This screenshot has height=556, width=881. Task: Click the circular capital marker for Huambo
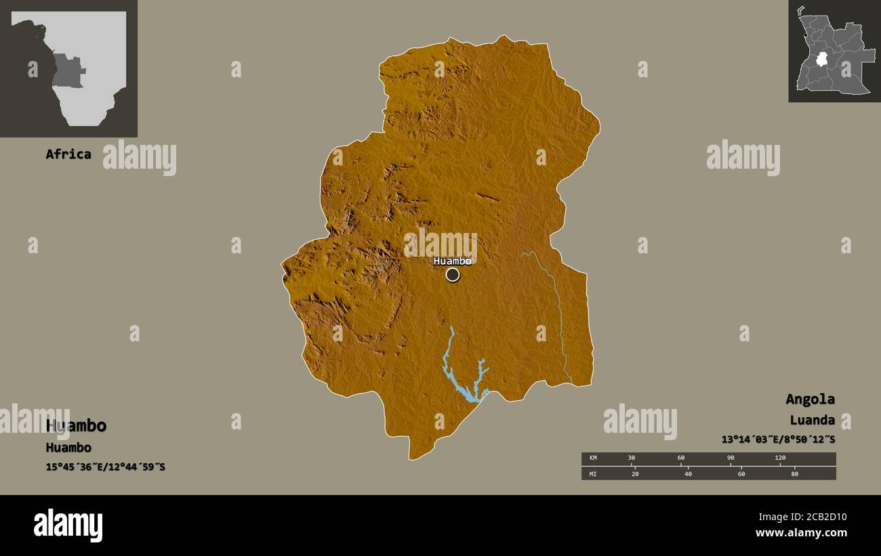pyautogui.click(x=453, y=274)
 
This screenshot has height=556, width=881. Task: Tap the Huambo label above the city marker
pyautogui.click(x=452, y=261)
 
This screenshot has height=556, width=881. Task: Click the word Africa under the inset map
pyautogui.click(x=68, y=154)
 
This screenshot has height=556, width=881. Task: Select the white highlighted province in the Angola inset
pyautogui.click(x=821, y=60)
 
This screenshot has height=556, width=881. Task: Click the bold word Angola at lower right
pyautogui.click(x=810, y=399)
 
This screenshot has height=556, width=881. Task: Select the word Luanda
pyautogui.click(x=812, y=420)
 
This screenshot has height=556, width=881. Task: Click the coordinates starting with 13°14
pyautogui.click(x=778, y=440)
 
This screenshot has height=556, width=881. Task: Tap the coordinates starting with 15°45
pyautogui.click(x=105, y=467)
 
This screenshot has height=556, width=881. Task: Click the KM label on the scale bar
pyautogui.click(x=593, y=458)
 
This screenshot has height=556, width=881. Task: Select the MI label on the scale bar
pyautogui.click(x=593, y=474)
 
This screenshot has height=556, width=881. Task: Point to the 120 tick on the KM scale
pyautogui.click(x=780, y=458)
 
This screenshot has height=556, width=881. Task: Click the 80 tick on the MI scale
pyautogui.click(x=794, y=474)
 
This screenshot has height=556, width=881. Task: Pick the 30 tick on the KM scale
pyautogui.click(x=631, y=458)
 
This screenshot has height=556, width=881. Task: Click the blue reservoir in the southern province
pyautogui.click(x=462, y=389)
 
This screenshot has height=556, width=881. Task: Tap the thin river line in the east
pyautogui.click(x=559, y=312)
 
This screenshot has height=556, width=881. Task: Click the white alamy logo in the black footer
pyautogui.click(x=68, y=526)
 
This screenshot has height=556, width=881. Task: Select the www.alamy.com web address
pyautogui.click(x=802, y=533)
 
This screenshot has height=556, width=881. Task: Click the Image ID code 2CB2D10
pyautogui.click(x=822, y=517)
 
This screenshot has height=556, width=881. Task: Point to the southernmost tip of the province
pyautogui.click(x=411, y=458)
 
